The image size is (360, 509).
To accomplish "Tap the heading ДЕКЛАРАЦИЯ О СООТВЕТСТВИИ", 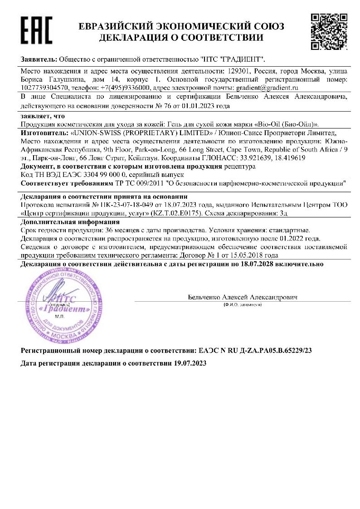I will pyautogui.click(x=181, y=38).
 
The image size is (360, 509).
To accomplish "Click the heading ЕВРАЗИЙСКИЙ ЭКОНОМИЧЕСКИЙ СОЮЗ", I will pyautogui.click(x=181, y=26).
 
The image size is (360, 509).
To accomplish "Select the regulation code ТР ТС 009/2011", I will pyautogui.click(x=138, y=183).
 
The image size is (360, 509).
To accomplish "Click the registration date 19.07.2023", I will pyautogui.click(x=187, y=364).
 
